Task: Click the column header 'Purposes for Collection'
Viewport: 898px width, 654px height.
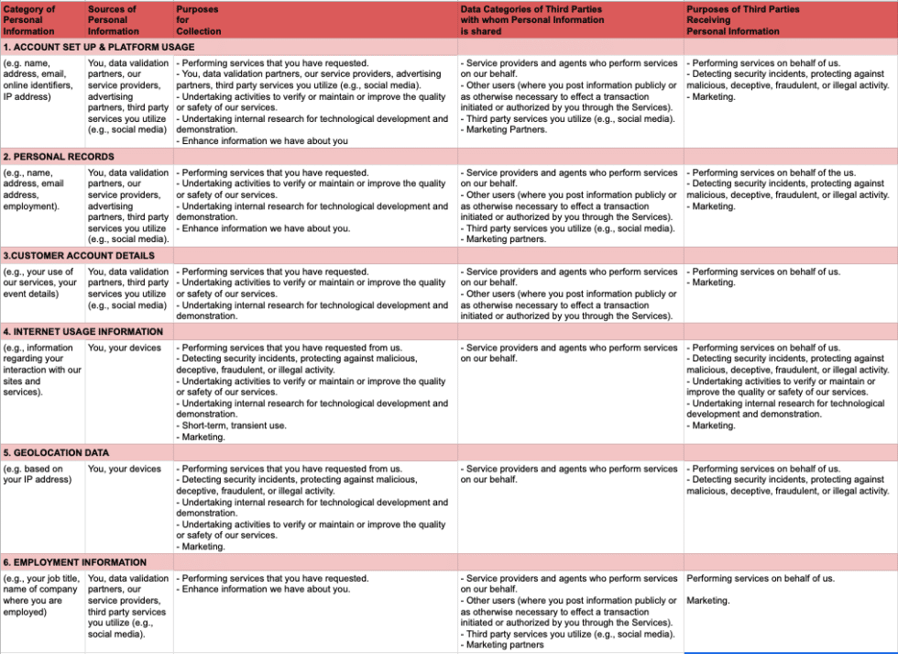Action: point(199,20)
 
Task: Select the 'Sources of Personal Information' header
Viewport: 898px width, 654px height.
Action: point(114,20)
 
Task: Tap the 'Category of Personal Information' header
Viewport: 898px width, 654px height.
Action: point(29,20)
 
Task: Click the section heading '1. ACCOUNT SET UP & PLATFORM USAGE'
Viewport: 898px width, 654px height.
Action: point(99,47)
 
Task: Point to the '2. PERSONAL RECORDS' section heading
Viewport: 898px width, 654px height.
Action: point(59,157)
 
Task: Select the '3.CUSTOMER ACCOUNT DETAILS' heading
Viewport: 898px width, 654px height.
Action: point(79,256)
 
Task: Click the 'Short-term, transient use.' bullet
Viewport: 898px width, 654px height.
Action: point(234,426)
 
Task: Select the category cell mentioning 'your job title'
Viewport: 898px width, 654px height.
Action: point(41,595)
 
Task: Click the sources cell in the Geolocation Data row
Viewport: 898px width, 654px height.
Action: point(125,470)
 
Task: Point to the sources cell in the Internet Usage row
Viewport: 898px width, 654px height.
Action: point(125,349)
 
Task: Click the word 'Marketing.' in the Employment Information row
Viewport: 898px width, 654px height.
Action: point(708,601)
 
